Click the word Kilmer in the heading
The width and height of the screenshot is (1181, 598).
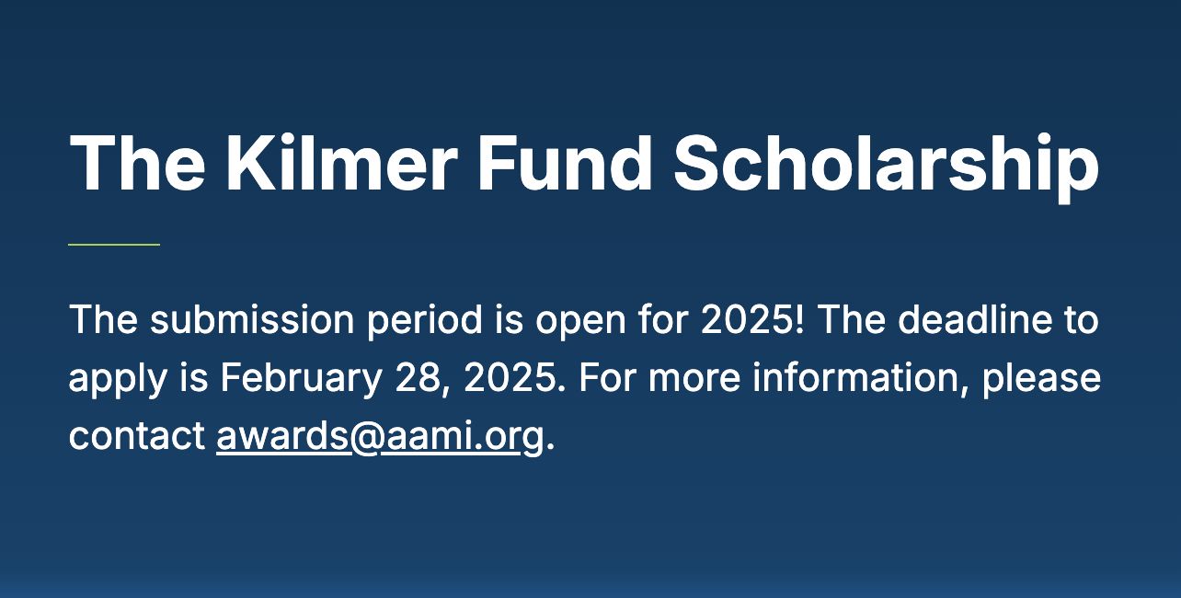[341, 163]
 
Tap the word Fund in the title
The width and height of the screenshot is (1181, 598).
[565, 163]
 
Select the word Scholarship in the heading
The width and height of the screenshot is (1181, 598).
[887, 167]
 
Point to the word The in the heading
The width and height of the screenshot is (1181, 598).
[137, 163]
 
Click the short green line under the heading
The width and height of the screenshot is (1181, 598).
[114, 245]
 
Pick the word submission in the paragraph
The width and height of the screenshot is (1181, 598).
[252, 319]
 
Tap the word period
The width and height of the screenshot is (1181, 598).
[424, 322]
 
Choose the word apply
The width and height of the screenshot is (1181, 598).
[118, 380]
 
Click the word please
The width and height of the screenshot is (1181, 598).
[1041, 380]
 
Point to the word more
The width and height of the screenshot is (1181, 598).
[694, 381]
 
